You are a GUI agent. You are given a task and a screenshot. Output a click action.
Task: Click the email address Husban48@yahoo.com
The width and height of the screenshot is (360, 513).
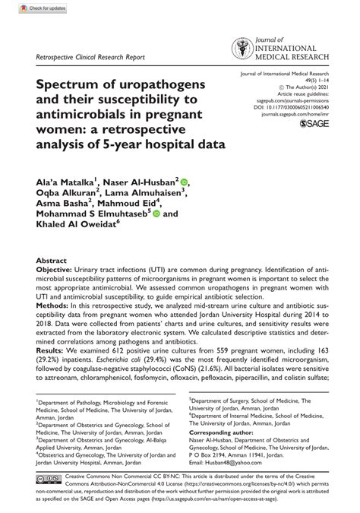click(x=229, y=483)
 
